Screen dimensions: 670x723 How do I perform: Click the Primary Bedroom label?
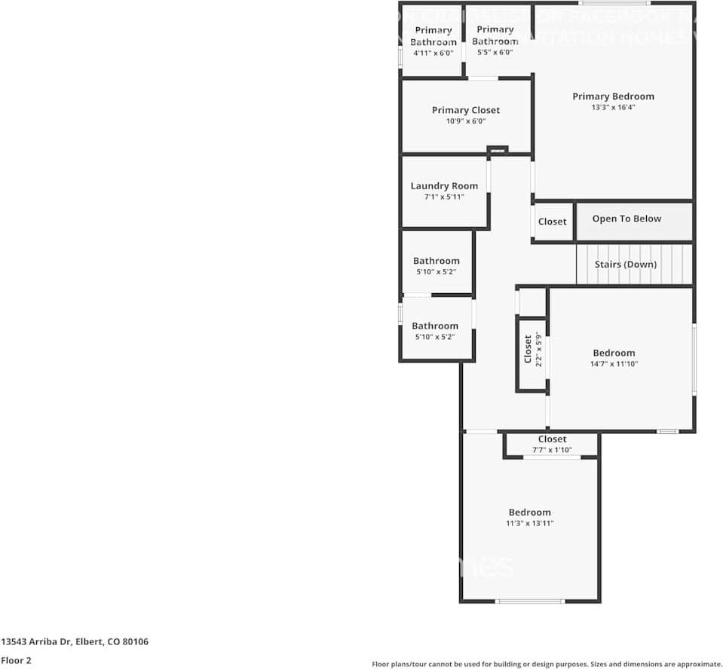click(x=613, y=96)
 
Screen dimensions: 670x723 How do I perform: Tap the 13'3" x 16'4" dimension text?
click(x=613, y=108)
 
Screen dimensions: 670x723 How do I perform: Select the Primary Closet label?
click(x=466, y=110)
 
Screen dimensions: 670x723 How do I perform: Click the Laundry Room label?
click(x=444, y=186)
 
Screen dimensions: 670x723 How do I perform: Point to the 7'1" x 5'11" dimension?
click(x=444, y=197)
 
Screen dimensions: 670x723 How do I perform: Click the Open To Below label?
click(x=626, y=219)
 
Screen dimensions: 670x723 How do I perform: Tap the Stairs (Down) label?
click(x=626, y=265)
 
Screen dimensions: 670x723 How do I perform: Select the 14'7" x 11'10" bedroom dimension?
click(x=614, y=364)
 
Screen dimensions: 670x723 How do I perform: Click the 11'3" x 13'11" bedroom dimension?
click(x=529, y=523)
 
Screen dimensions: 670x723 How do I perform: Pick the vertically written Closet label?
click(x=528, y=349)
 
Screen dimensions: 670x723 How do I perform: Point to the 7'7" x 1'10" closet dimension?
click(x=552, y=450)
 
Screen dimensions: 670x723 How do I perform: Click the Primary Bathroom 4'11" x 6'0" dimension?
click(x=433, y=54)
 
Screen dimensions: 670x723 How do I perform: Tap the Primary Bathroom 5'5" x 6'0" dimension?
click(x=495, y=53)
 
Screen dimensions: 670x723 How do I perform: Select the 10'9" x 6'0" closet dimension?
click(x=466, y=121)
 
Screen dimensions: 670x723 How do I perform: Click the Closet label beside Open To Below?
click(x=552, y=222)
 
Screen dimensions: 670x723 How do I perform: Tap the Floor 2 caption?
click(x=16, y=660)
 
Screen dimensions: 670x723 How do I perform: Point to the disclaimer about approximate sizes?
click(x=547, y=664)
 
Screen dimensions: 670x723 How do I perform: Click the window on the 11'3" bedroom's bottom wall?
click(x=529, y=601)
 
